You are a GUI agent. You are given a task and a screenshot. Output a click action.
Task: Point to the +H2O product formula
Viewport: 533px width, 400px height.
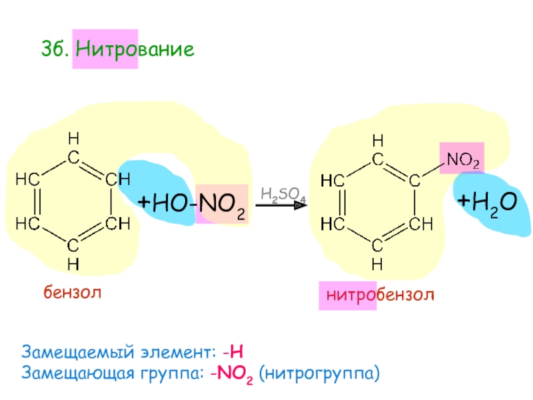[487, 201]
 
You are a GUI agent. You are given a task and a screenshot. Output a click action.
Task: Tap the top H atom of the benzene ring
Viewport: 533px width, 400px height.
[74, 139]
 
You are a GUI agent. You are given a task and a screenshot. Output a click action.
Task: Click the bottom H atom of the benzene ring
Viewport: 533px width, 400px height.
[74, 263]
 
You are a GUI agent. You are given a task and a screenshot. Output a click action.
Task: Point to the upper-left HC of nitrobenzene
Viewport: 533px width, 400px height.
[330, 181]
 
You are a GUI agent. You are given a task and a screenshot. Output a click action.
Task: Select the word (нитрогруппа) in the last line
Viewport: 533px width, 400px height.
[319, 371]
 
